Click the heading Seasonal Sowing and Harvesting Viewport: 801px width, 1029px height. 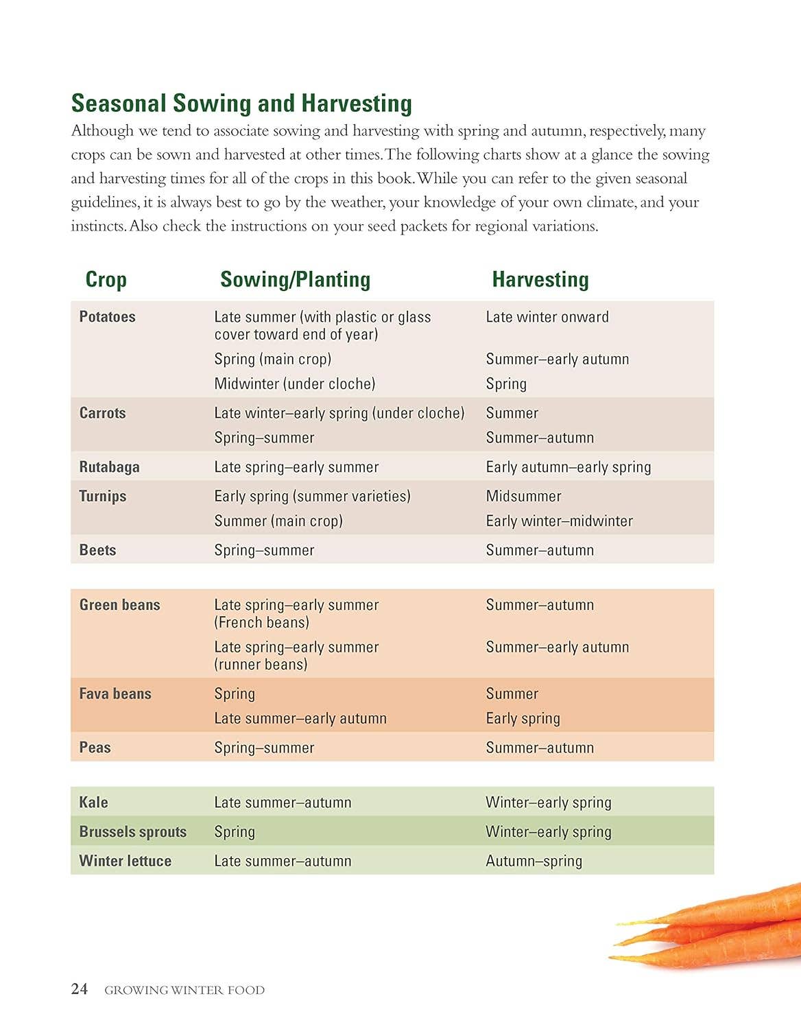coord(241,104)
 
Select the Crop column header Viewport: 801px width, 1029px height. coord(106,279)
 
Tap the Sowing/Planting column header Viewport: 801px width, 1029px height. coord(295,279)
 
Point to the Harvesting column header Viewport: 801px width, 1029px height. coord(540,279)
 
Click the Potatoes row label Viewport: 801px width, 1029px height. coord(107,317)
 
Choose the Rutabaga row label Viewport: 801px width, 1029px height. coord(109,467)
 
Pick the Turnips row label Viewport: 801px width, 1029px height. coord(103,496)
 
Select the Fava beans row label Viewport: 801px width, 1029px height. coord(115,694)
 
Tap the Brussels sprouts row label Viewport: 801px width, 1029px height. coord(133,831)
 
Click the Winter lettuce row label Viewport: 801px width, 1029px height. coord(125,861)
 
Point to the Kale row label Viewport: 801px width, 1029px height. coord(93,802)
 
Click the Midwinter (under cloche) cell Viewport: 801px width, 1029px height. coord(295,383)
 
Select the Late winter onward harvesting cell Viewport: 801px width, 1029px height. coord(547,317)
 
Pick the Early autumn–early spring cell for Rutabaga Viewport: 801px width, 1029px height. coord(569,467)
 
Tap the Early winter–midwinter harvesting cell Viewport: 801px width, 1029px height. coord(560,521)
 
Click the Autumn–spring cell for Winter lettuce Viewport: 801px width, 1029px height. coord(534,861)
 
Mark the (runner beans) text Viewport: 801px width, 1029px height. coord(261,664)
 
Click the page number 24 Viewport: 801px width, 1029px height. coord(80,989)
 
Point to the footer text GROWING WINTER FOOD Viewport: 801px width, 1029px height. coord(184,990)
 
